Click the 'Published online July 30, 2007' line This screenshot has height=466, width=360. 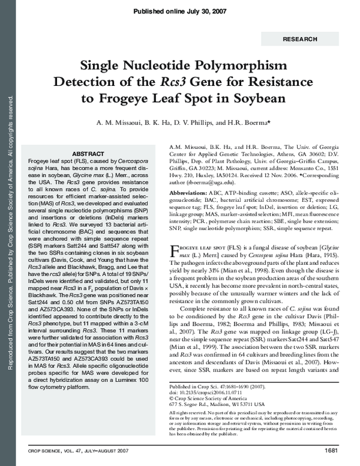point(179,11)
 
